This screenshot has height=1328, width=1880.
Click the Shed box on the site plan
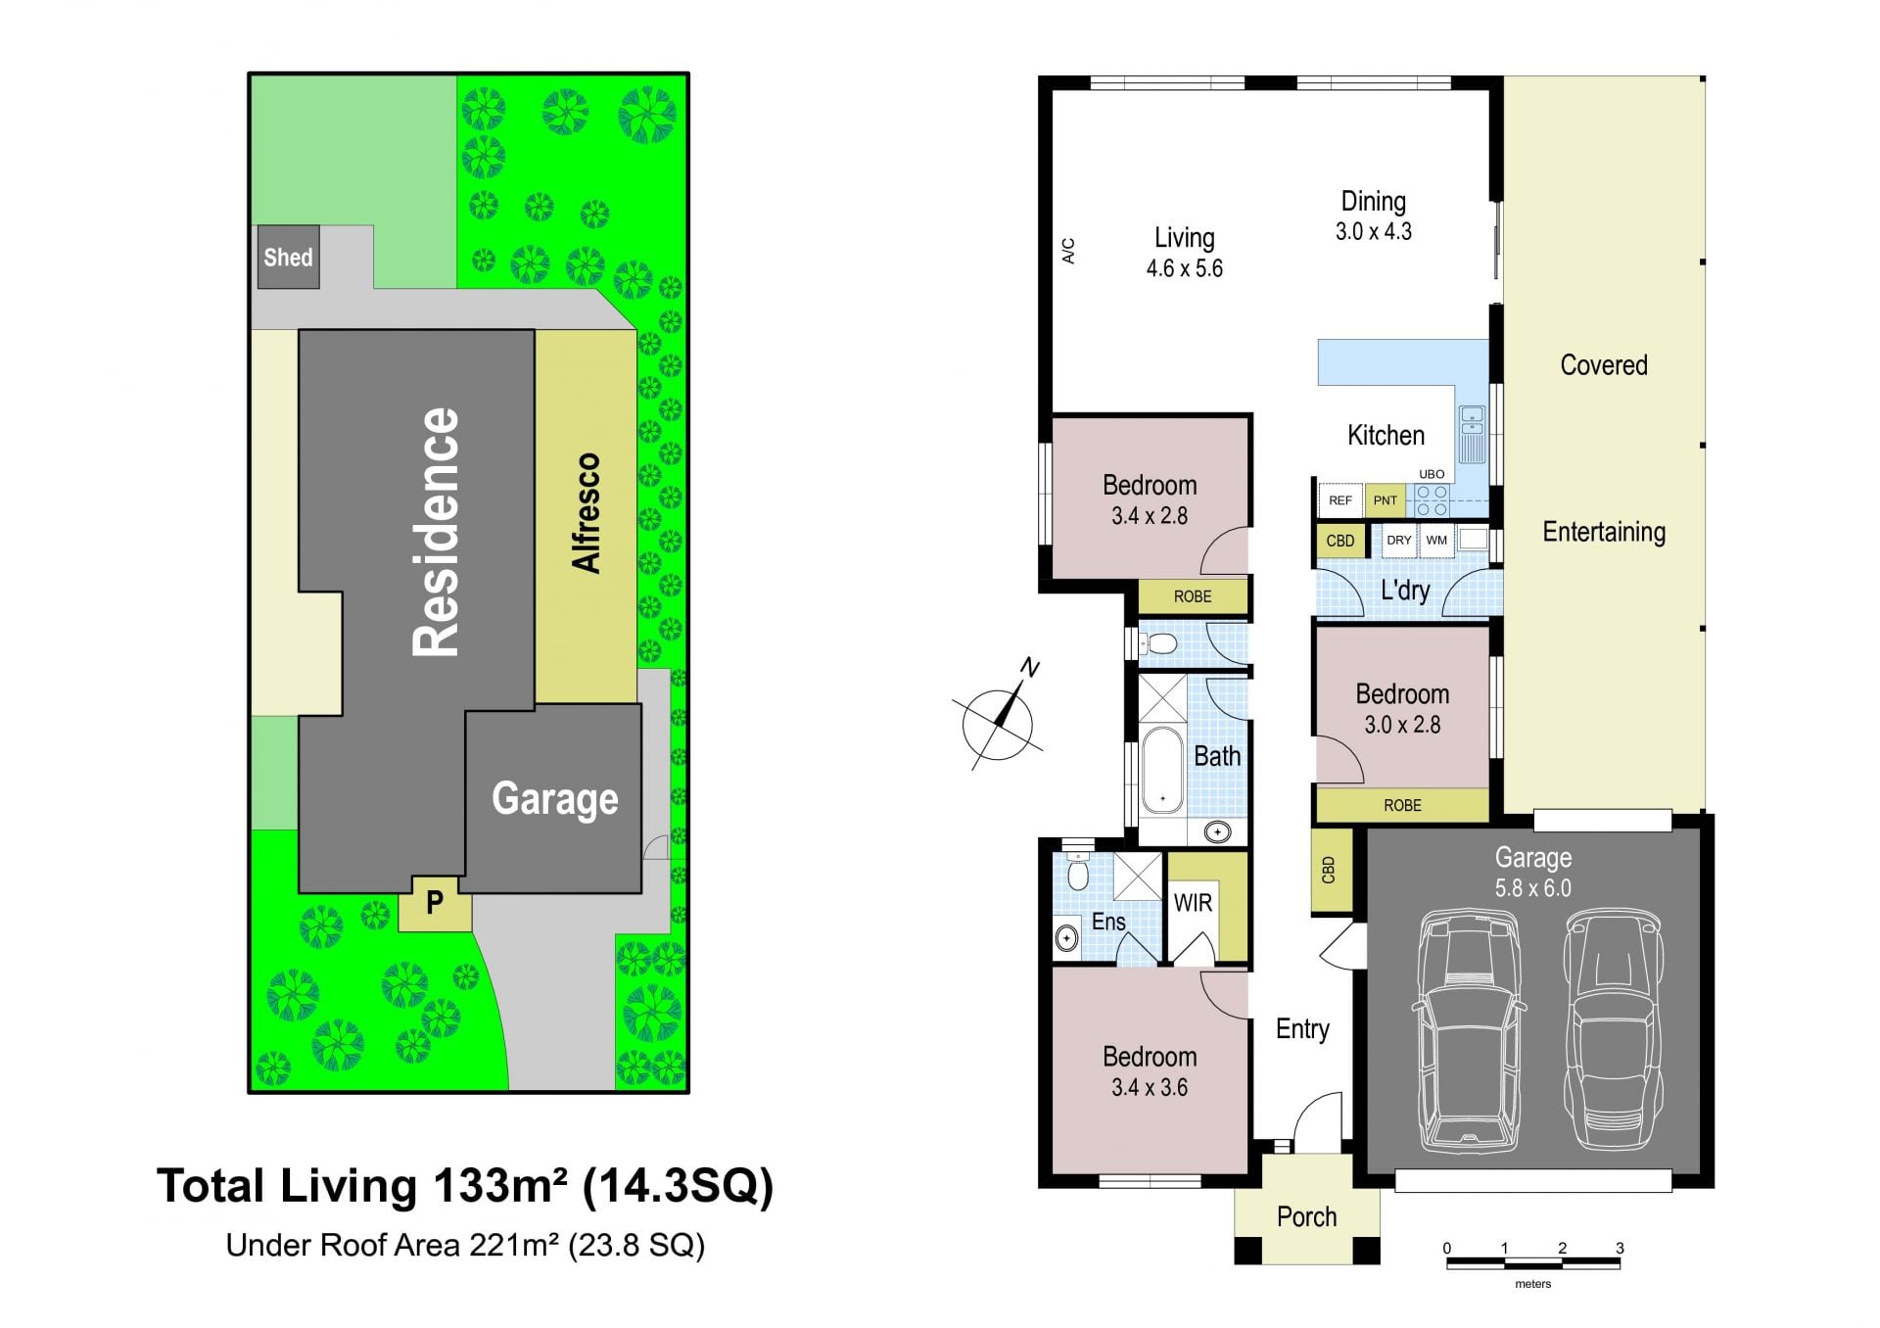tap(288, 258)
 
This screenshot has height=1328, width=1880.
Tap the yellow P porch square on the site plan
tap(435, 903)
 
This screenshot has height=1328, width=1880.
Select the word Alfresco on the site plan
tap(586, 512)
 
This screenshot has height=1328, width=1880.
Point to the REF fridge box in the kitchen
tap(1339, 500)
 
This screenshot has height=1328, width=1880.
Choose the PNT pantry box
tap(1385, 500)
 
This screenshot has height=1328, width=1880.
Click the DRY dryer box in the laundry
tap(1398, 541)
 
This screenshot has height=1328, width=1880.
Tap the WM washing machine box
tap(1436, 541)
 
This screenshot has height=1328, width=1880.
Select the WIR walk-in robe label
tap(1193, 903)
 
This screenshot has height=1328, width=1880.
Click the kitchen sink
tap(1472, 434)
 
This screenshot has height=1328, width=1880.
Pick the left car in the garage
tap(1469, 1029)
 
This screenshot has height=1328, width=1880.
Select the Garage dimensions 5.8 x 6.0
tap(1532, 888)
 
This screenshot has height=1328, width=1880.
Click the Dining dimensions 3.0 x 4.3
tap(1373, 232)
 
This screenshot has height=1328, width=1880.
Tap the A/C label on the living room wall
tap(1068, 251)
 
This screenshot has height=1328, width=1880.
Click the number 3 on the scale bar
tap(1620, 1248)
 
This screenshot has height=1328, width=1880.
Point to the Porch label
tap(1306, 1216)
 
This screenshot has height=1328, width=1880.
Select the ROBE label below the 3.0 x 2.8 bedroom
tap(1402, 805)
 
